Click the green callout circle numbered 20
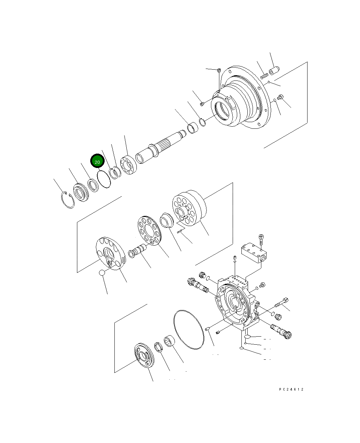pyautogui.click(x=97, y=162)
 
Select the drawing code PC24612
pyautogui.click(x=291, y=389)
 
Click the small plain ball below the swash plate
pyautogui.click(x=101, y=272)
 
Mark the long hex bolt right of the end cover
pyautogui.click(x=282, y=301)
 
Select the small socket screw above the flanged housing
pyautogui.click(x=219, y=71)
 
